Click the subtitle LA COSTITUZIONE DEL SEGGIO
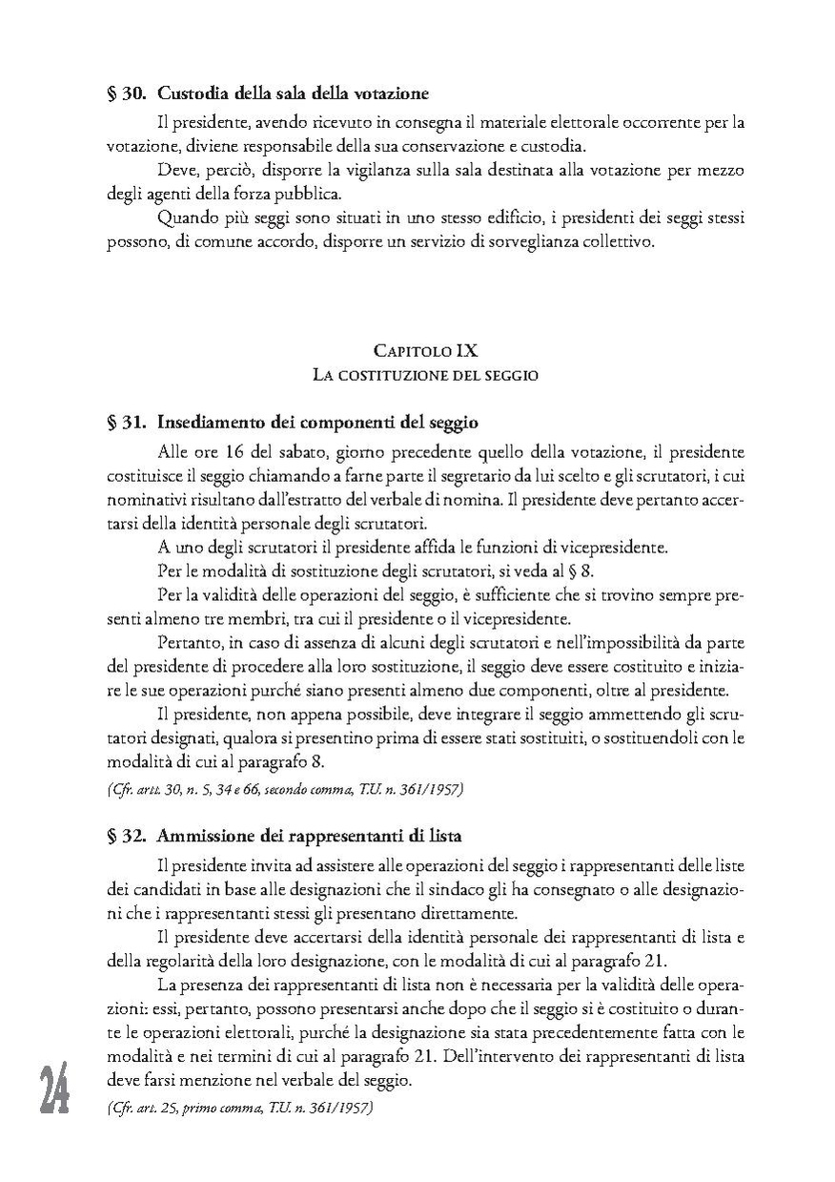click(x=426, y=375)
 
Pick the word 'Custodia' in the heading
click(x=189, y=94)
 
